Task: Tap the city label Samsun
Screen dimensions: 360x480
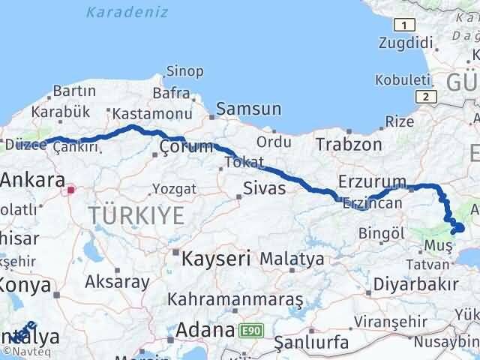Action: [x=248, y=109]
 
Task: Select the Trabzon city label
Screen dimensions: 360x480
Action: [x=348, y=144]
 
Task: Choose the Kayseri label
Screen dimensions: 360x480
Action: [x=215, y=259]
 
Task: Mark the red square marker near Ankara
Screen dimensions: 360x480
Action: [x=70, y=190]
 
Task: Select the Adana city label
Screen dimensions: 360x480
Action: [x=205, y=330]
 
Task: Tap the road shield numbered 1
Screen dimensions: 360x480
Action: [x=405, y=25]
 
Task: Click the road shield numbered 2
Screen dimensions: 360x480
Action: [x=426, y=96]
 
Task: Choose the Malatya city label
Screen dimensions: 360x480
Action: [x=291, y=259]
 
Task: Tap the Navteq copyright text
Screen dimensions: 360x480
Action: [x=20, y=350]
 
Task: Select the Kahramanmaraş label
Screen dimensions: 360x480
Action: [x=235, y=299]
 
